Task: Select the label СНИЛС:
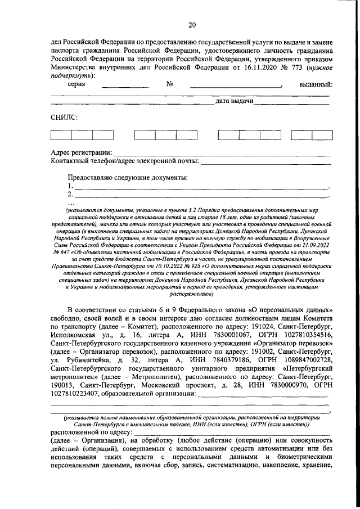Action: (x=62, y=118)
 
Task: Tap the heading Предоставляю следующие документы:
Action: (x=128, y=178)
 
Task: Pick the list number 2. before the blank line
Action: (x=70, y=195)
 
